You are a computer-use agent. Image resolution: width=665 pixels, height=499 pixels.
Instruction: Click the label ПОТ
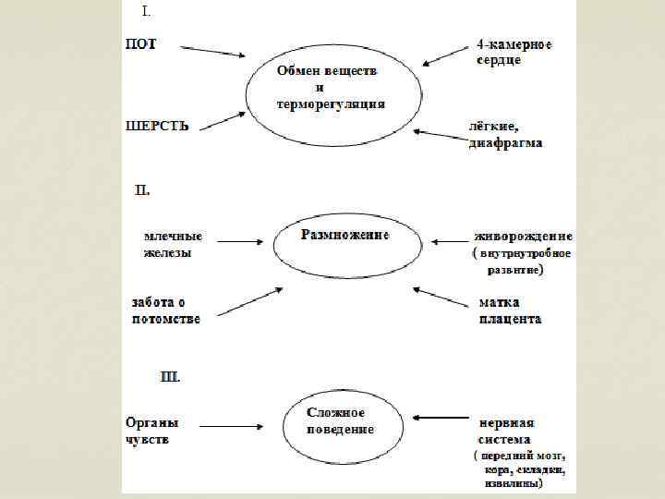[x=140, y=44]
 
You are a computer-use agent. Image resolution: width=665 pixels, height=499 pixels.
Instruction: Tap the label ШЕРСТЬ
[x=157, y=127]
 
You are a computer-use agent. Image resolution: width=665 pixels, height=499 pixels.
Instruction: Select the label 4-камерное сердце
[x=514, y=52]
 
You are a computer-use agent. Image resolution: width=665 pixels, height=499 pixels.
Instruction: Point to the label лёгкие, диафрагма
[x=505, y=136]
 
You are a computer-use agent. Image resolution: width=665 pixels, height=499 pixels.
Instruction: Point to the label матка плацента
[x=510, y=310]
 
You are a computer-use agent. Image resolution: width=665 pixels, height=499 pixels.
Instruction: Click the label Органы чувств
[x=152, y=431]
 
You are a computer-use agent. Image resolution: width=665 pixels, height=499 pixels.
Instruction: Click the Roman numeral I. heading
[x=146, y=13]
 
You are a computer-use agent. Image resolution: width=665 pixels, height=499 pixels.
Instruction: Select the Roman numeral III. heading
[x=171, y=376]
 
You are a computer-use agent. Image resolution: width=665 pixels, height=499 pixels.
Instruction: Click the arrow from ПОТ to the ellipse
[x=213, y=51]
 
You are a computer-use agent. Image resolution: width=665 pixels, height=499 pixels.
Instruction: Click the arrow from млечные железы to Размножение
[x=240, y=242]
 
